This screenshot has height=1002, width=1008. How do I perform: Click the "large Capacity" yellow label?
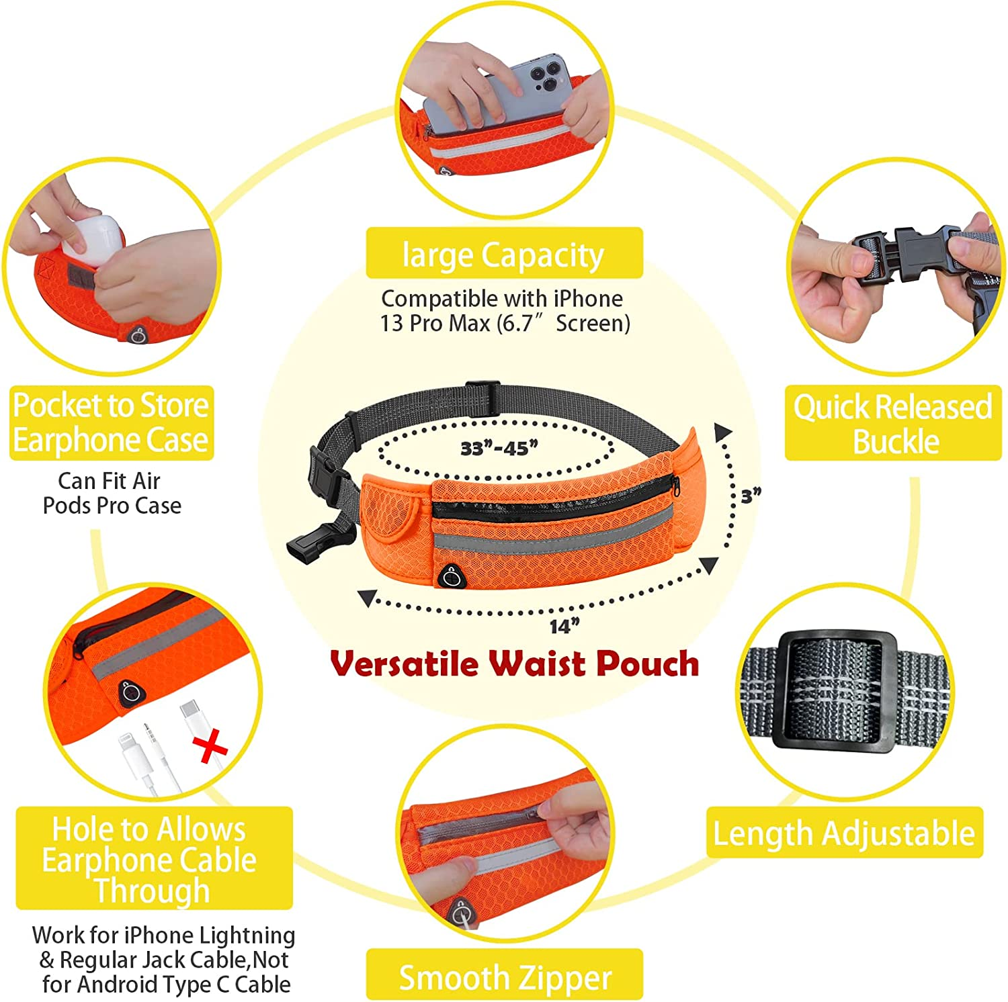click(504, 253)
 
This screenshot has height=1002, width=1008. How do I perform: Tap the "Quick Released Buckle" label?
click(893, 423)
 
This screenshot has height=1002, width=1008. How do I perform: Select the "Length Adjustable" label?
click(844, 833)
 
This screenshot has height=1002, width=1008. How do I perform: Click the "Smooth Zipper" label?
click(505, 975)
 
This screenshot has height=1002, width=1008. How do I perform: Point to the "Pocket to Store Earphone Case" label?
click(112, 422)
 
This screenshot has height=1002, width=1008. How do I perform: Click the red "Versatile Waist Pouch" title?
click(515, 664)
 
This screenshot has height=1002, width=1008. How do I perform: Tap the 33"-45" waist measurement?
click(499, 448)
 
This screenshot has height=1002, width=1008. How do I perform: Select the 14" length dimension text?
click(564, 627)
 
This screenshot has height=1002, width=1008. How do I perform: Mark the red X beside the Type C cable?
click(210, 747)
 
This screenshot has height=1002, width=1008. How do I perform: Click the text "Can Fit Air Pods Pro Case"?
click(112, 493)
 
